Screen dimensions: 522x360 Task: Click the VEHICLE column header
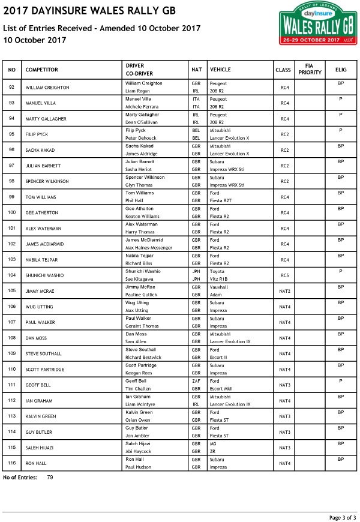pos(221,70)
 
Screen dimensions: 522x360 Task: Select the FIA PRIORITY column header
pos(310,69)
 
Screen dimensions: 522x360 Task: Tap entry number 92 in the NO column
pos(11,88)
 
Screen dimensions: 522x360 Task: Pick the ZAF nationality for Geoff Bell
pos(196,381)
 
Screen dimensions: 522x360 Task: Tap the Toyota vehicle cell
pos(218,271)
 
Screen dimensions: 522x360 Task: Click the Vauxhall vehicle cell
pos(219,287)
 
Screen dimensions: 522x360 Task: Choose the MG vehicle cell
pos(214,443)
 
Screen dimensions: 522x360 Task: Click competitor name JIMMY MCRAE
pos(40,291)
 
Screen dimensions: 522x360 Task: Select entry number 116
pos(11,463)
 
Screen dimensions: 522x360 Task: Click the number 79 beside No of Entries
pos(50,478)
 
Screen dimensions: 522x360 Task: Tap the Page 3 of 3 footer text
pos(342,517)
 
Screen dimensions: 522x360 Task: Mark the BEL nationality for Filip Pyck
pos(196,130)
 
